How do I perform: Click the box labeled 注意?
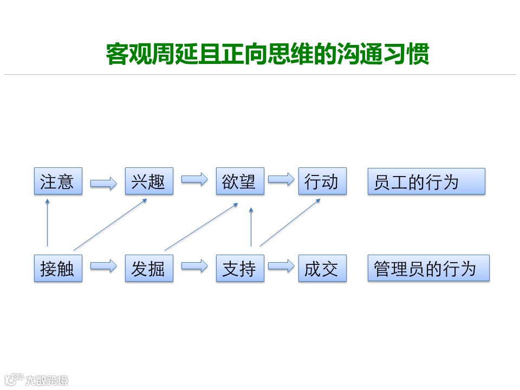tap(58, 181)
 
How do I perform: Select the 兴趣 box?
tap(149, 181)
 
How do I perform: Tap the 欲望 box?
tap(240, 181)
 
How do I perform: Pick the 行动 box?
tap(322, 181)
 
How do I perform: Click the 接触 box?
tap(58, 268)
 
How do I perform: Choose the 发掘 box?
tap(149, 268)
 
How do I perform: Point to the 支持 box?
tap(240, 268)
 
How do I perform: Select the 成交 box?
tap(322, 268)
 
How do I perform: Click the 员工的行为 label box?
tap(426, 181)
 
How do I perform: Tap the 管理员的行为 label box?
tap(428, 268)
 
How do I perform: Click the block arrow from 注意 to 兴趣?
tap(103, 184)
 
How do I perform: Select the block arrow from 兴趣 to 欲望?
tap(194, 179)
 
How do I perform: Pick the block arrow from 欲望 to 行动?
tap(281, 179)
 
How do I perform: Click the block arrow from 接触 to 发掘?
tap(103, 266)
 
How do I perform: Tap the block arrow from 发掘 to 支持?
tap(194, 266)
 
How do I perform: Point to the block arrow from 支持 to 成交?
tap(281, 266)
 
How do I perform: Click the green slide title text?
tap(268, 54)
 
